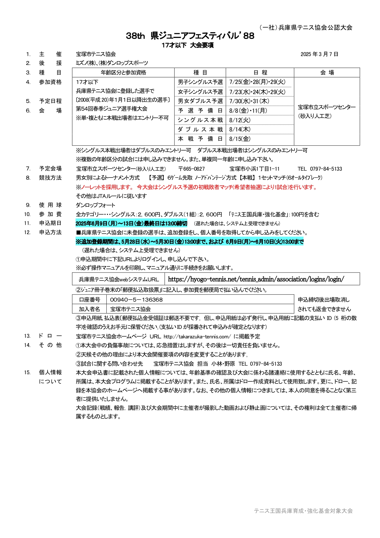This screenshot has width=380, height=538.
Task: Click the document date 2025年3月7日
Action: point(319,54)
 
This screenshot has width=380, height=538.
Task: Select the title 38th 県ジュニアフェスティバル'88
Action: point(190,36)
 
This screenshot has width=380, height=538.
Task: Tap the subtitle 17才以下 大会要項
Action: point(188,45)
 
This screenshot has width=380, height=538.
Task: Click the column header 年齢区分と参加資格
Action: point(123,73)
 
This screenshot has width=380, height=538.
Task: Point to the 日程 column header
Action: point(260,73)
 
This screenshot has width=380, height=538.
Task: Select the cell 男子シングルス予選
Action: point(200,82)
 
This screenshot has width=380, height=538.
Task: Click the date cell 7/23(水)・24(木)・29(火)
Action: point(257,92)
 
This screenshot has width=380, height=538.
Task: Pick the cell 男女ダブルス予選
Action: point(200,101)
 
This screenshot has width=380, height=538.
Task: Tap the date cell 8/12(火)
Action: point(240,120)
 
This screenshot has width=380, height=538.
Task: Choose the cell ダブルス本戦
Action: point(200,130)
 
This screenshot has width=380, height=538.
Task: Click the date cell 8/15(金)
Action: point(240,139)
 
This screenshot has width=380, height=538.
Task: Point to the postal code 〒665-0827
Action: point(192,169)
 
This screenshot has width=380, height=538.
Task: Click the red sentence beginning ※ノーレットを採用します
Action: point(196,187)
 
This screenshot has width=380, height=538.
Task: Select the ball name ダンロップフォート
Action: point(96,205)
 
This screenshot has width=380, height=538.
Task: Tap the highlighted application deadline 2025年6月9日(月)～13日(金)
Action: point(131,223)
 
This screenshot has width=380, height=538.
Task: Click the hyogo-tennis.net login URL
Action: point(256,279)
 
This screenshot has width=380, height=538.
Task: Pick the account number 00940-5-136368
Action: point(136,300)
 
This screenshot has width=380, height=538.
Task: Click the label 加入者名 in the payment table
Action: point(89,309)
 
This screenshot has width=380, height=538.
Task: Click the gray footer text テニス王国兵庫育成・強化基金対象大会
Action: point(303,511)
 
